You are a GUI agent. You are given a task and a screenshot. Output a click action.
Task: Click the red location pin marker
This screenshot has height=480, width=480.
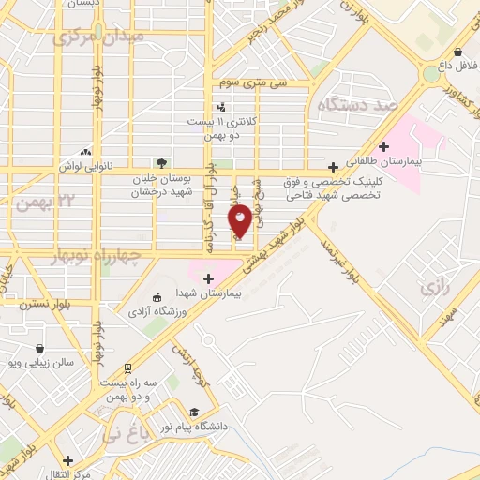coord(240,219)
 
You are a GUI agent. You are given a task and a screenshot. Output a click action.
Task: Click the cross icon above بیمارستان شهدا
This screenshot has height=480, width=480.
coord(208,277)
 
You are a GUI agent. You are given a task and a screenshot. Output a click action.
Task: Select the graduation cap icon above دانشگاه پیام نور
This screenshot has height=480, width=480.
coord(193,412)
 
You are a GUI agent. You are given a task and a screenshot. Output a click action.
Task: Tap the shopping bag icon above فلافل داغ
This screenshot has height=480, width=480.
coord(456,52)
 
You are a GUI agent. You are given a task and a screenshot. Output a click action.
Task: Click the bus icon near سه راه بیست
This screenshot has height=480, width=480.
coord(127,368)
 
